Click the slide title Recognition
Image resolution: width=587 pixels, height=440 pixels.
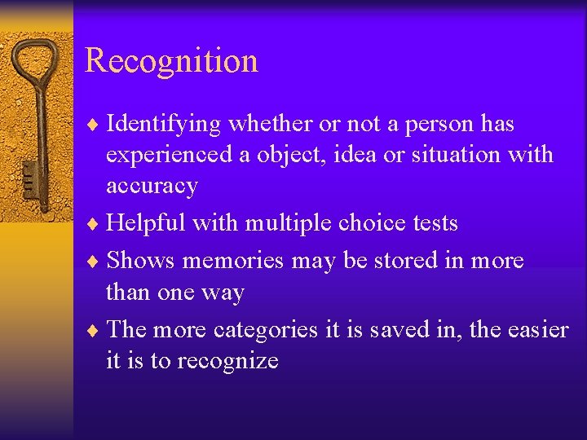171,61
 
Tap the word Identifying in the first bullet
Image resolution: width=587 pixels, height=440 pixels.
164,124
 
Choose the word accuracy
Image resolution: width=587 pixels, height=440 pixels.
152,186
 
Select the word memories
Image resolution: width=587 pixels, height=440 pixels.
232,260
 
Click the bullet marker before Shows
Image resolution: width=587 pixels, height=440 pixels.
95,261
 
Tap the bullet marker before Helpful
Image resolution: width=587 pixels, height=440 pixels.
95,223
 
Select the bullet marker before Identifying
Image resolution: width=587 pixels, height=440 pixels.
95,125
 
